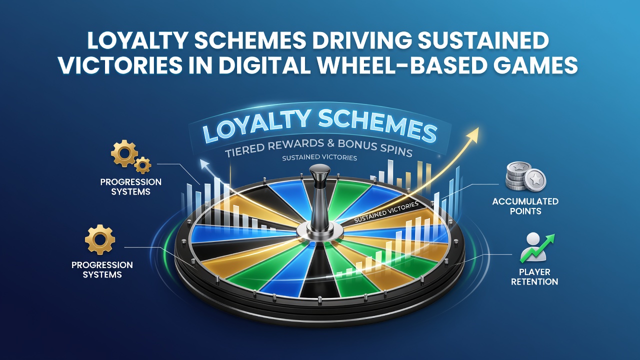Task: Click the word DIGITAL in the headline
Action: pyautogui.click(x=263, y=65)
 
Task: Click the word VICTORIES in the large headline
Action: pyautogui.click(x=120, y=65)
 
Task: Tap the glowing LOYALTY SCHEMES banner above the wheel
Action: pyautogui.click(x=319, y=126)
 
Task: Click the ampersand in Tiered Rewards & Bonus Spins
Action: pyautogui.click(x=331, y=143)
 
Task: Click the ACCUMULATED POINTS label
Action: pyautogui.click(x=525, y=206)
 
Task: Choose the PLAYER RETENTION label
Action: pyautogui.click(x=534, y=276)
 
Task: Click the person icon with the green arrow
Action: pyautogui.click(x=536, y=247)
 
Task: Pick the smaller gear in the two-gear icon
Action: pyautogui.click(x=142, y=165)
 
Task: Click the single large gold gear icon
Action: pyautogui.click(x=100, y=239)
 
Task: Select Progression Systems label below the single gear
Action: pyautogui.click(x=102, y=269)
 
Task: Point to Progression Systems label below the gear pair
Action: pyautogui.click(x=130, y=186)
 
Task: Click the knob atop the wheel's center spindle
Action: pyautogui.click(x=319, y=169)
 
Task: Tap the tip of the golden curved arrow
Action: pyautogui.click(x=478, y=128)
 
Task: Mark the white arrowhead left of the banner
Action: pyautogui.click(x=203, y=163)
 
